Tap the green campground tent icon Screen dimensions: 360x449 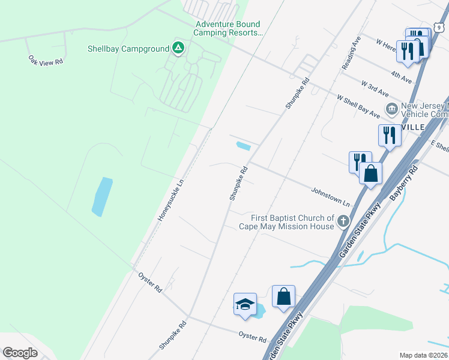(x=178, y=48)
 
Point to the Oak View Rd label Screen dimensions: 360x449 (x=46, y=61)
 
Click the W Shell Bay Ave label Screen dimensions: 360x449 (x=358, y=106)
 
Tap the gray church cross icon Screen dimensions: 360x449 (x=343, y=221)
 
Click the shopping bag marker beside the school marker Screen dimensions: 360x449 (x=283, y=296)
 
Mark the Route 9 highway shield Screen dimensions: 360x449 (x=439, y=26)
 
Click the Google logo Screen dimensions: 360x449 (x=20, y=353)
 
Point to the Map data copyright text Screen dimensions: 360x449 (x=423, y=355)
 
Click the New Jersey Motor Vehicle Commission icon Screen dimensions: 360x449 (x=392, y=109)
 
